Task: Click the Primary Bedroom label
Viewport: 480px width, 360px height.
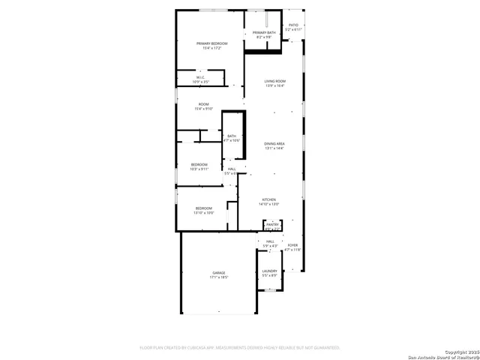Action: point(211,43)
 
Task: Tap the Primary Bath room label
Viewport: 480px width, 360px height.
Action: point(264,33)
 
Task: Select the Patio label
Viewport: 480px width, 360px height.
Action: point(293,25)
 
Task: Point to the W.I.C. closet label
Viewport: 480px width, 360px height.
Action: point(201,76)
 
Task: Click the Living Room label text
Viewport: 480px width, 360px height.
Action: point(275,81)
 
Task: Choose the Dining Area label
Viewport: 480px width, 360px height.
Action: point(274,143)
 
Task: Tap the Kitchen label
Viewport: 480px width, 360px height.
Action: point(269,199)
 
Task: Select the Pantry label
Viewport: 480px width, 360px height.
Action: point(272,223)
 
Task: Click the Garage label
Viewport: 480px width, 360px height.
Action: point(218,273)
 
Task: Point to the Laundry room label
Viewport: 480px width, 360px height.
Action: point(270,271)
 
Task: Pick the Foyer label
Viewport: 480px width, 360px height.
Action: point(292,245)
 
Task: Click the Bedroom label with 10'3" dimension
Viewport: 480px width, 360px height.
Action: point(199,164)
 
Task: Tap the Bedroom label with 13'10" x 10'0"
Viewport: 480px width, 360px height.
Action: point(204,208)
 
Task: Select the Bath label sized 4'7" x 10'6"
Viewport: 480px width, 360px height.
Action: point(232,136)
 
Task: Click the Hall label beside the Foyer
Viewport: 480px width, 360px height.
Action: point(270,241)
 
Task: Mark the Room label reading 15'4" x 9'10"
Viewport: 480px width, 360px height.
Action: point(203,104)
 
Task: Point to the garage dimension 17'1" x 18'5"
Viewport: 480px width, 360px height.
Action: point(218,277)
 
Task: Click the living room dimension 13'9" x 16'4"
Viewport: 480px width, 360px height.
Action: point(275,85)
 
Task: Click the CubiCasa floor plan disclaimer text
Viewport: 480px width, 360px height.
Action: point(240,347)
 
